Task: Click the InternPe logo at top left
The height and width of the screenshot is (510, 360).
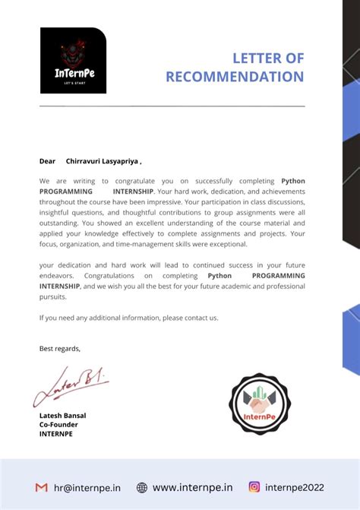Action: [x=73, y=61]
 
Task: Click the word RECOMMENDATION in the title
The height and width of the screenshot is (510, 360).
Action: [x=235, y=77]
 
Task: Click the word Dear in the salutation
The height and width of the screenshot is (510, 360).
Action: [x=48, y=161]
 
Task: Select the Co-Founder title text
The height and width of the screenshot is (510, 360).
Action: [x=58, y=425]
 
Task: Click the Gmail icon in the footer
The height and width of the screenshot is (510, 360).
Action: [x=41, y=487]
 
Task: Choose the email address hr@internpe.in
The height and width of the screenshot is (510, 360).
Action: [x=87, y=487]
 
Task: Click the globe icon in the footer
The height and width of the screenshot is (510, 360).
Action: [x=142, y=487]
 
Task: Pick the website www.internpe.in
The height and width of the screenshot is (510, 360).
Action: [x=192, y=487]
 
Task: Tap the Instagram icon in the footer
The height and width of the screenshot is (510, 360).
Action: [x=254, y=487]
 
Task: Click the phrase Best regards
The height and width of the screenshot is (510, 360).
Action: [x=60, y=348]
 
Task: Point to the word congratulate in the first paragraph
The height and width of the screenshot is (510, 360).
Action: [x=138, y=181]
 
